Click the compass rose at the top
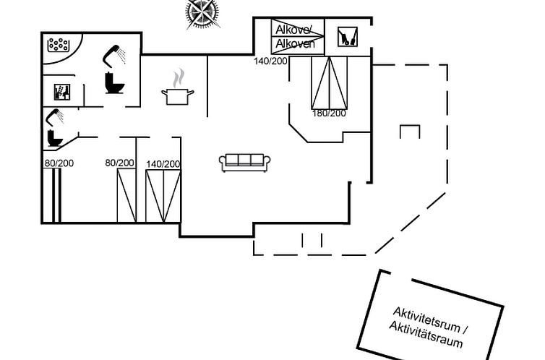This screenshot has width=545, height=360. [x=202, y=12]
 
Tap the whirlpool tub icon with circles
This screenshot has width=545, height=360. [x=57, y=46]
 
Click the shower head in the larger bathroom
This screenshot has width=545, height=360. [x=112, y=53]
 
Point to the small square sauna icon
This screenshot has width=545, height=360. [x=62, y=92]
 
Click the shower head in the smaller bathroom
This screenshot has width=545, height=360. [x=54, y=115]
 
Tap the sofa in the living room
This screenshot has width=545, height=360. [x=244, y=163]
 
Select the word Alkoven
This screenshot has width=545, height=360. [x=294, y=44]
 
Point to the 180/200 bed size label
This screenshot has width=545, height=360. [x=330, y=113]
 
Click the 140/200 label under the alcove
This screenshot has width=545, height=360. [x=270, y=61]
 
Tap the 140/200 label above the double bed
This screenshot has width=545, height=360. [x=163, y=164]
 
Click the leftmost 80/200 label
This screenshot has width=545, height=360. [x=60, y=163]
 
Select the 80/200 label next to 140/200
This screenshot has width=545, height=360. [x=120, y=163]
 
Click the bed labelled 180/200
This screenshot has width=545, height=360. [x=329, y=81]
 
